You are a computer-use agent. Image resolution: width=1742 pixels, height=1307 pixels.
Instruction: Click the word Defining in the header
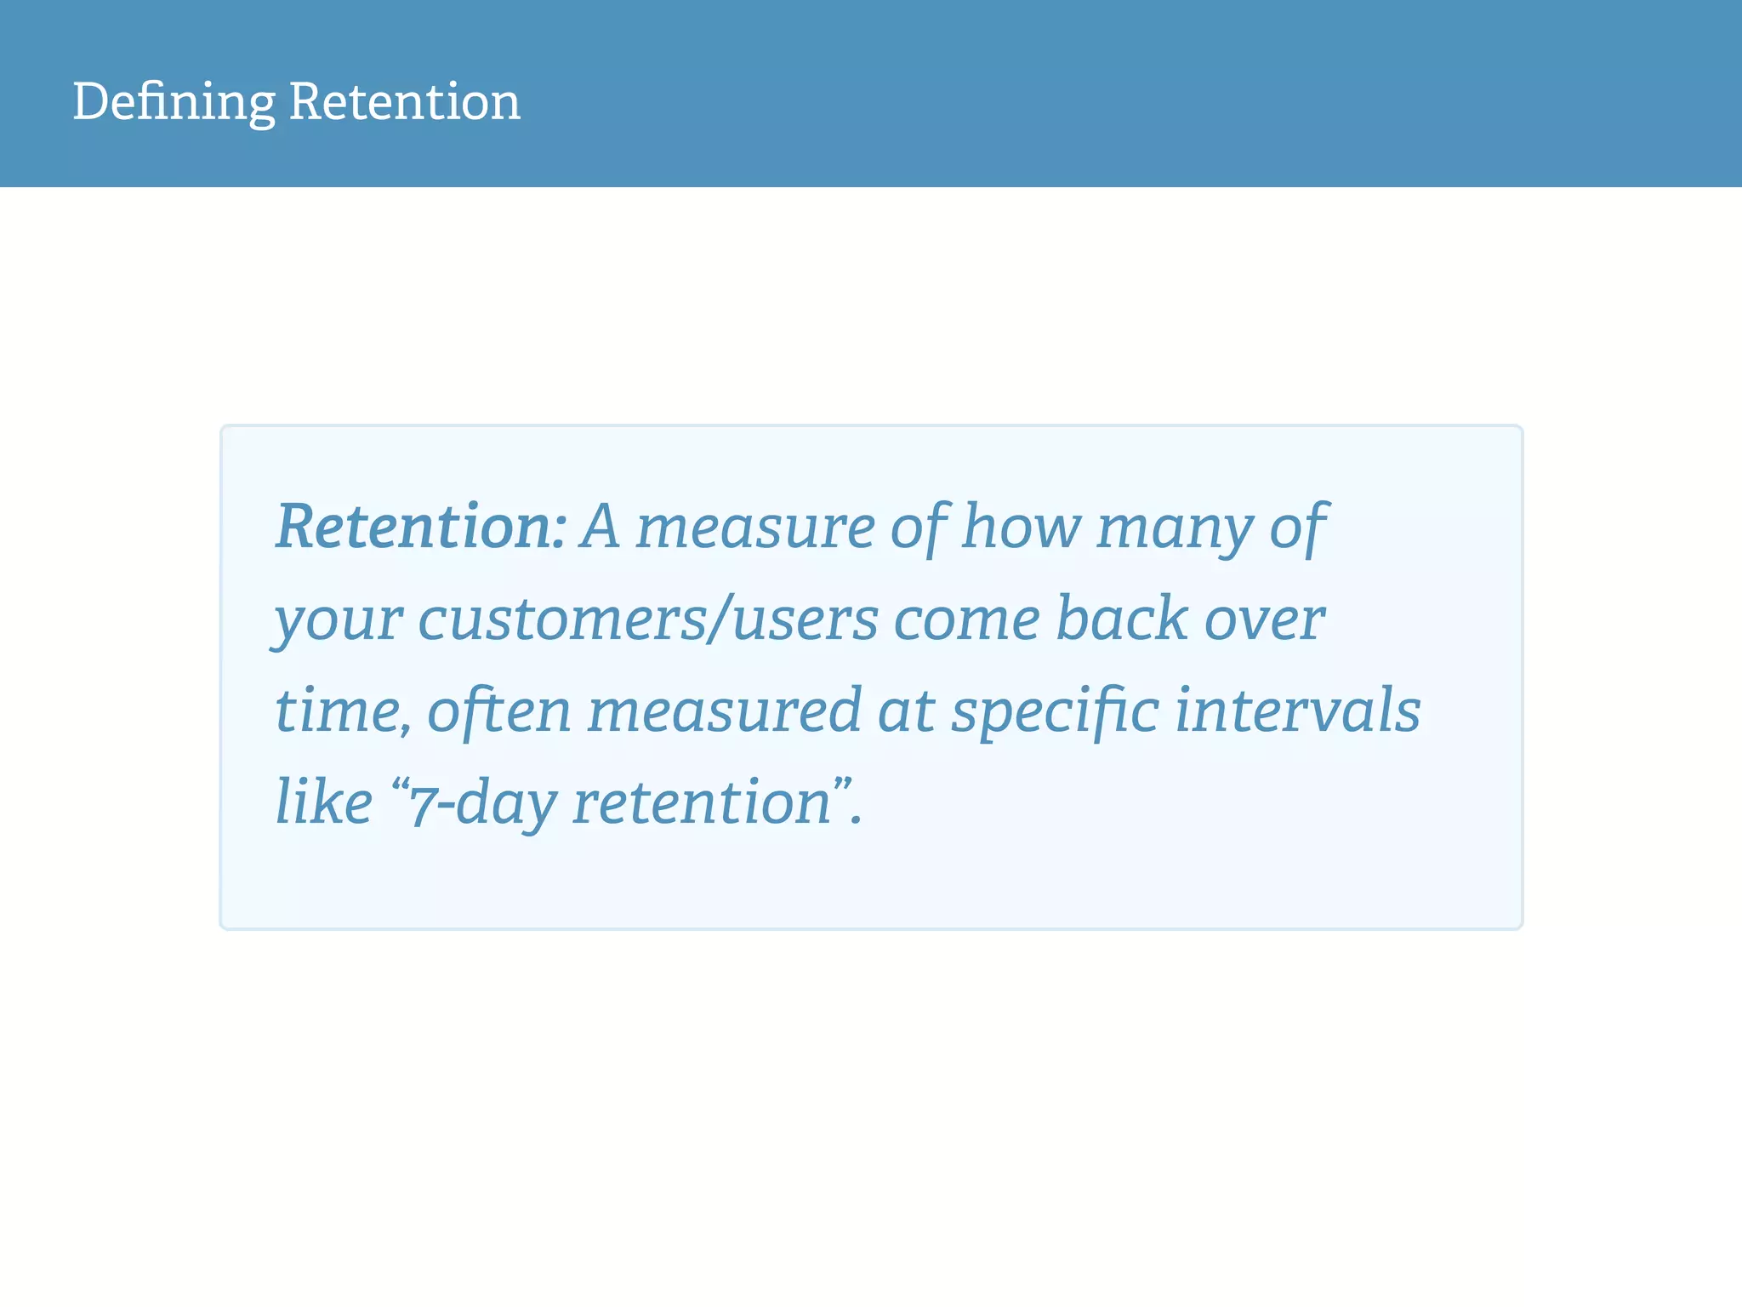coord(174,102)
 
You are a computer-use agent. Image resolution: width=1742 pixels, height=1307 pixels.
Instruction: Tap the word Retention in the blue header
coord(404,102)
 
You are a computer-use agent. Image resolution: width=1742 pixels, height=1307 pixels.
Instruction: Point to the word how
coord(1021,527)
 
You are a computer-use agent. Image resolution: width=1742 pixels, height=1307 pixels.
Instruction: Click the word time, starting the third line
coord(342,711)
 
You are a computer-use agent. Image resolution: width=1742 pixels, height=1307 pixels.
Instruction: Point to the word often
coord(498,711)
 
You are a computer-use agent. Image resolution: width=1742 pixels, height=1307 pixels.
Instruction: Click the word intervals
coord(1298,711)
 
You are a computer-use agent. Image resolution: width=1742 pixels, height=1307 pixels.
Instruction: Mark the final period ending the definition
coord(857,821)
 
